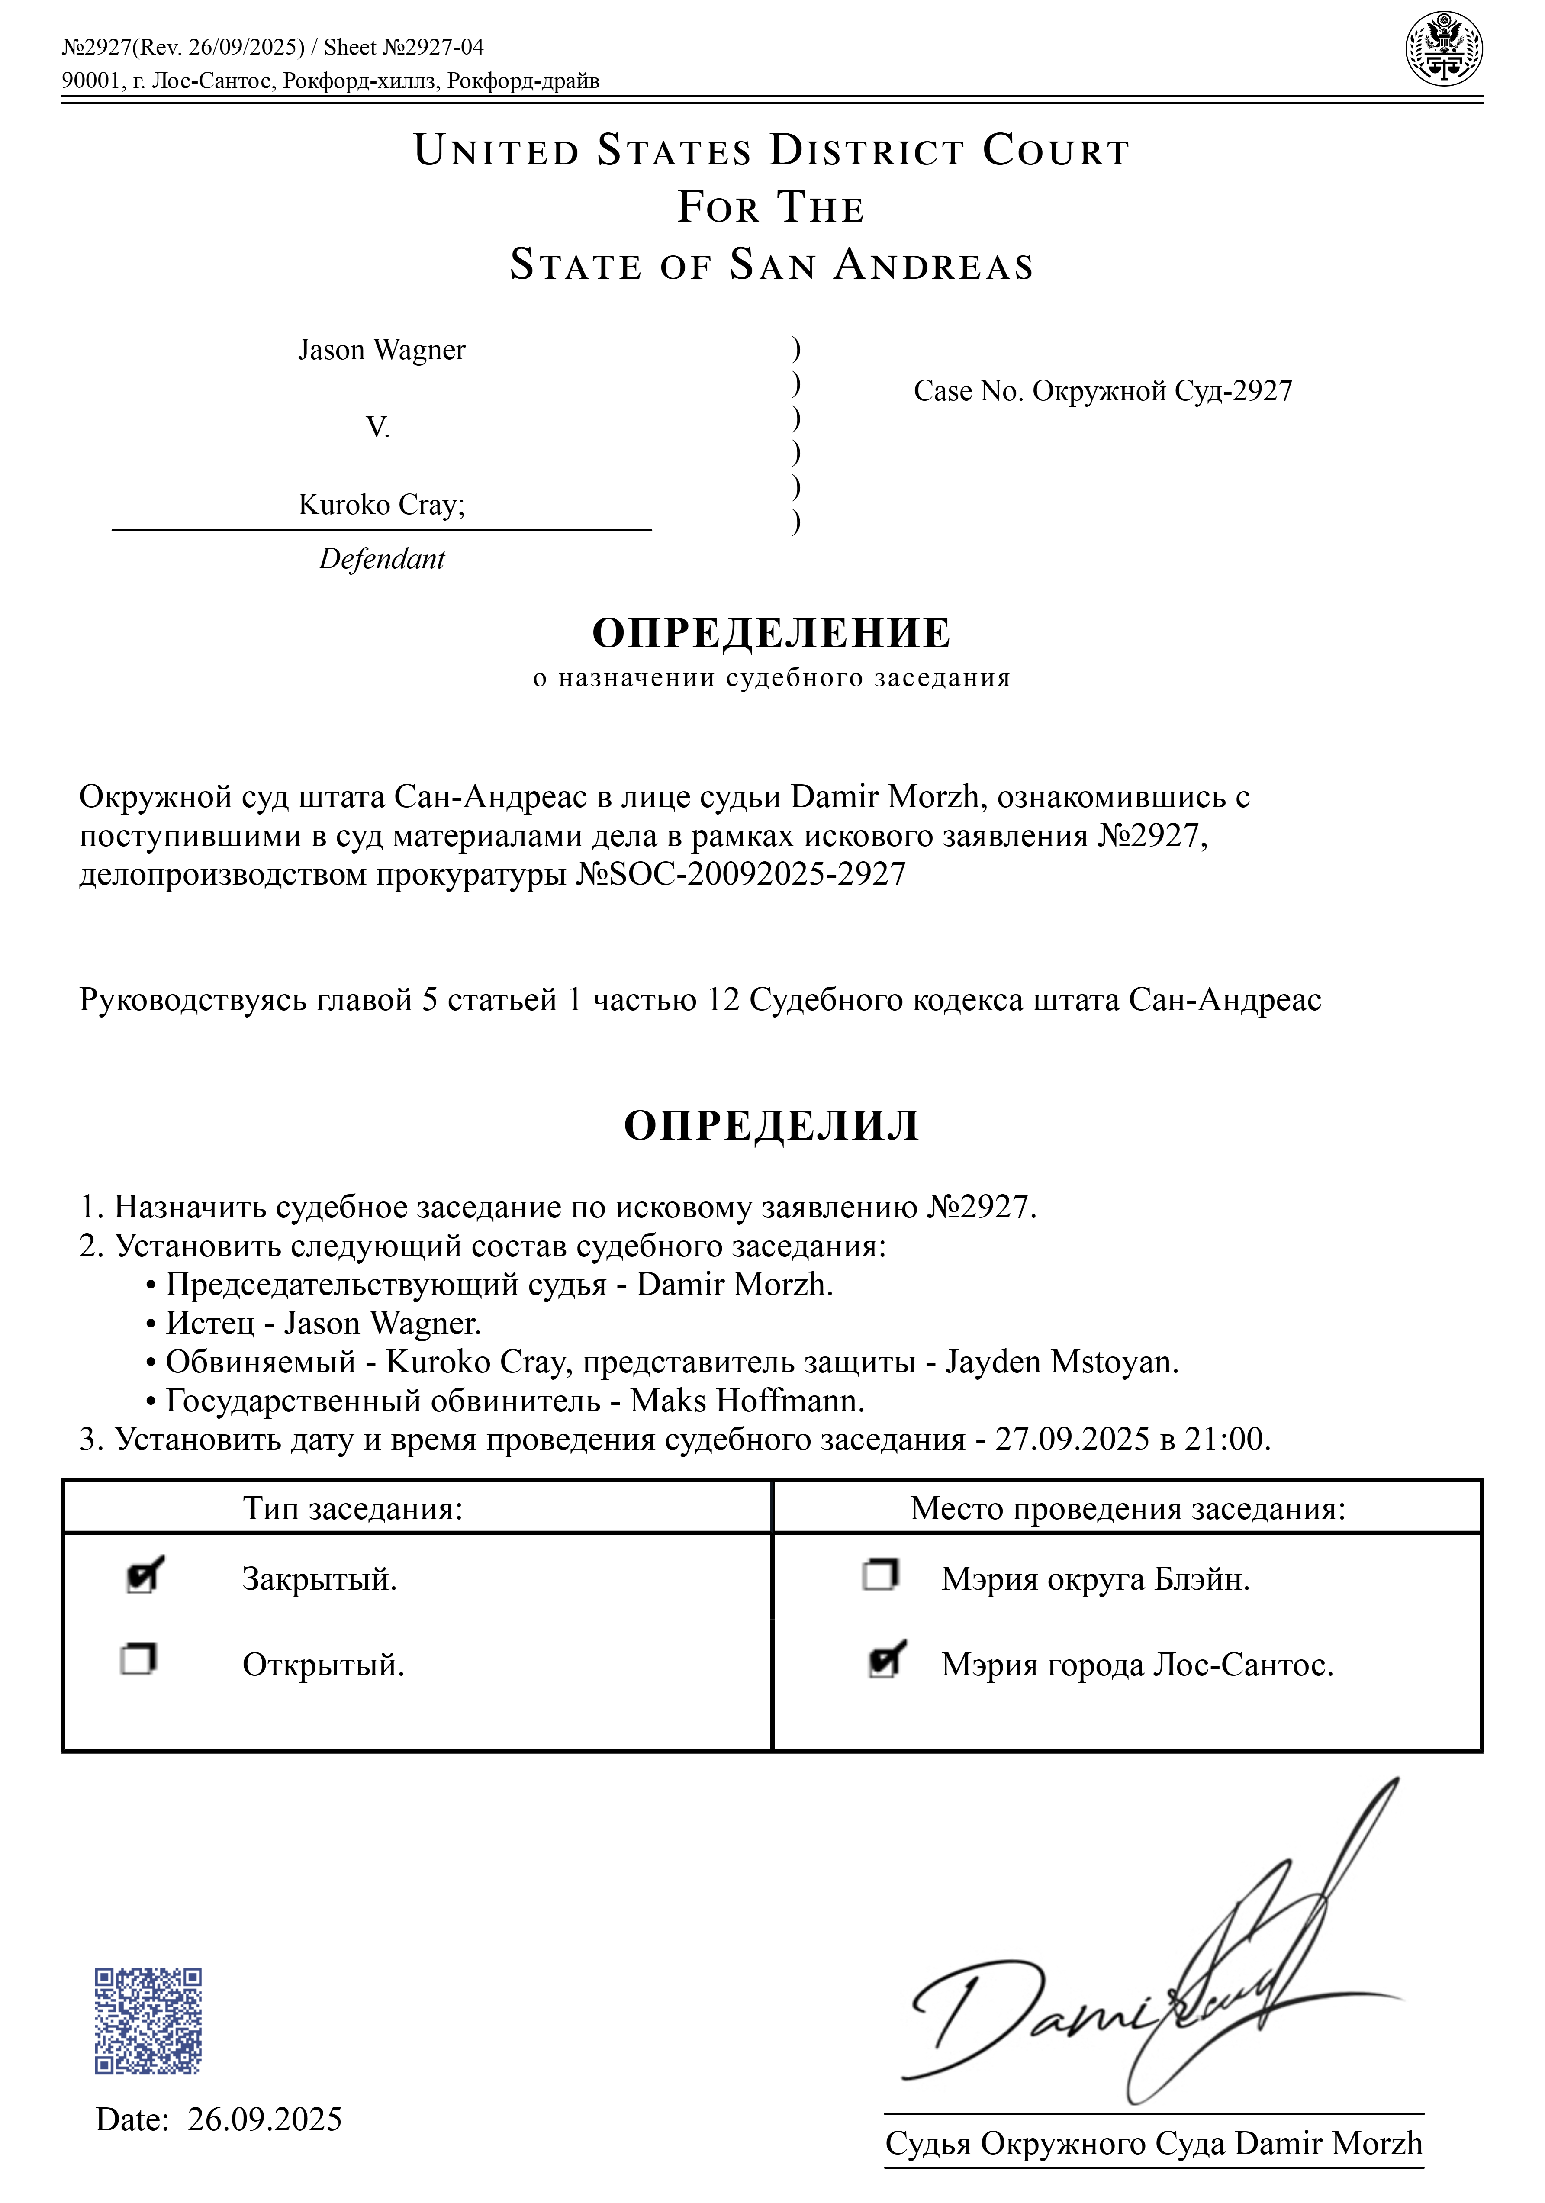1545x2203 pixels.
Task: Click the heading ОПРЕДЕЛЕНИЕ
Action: [x=772, y=633]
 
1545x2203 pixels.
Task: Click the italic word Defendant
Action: [x=382, y=559]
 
